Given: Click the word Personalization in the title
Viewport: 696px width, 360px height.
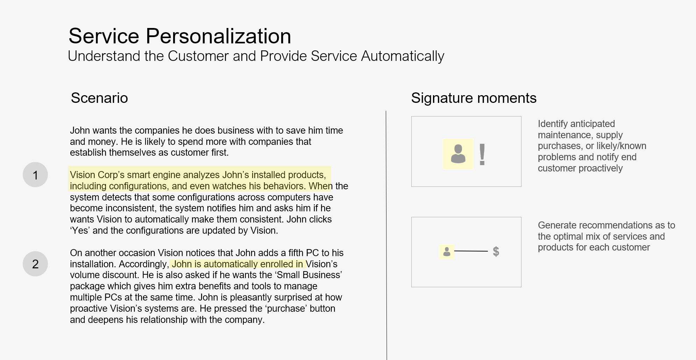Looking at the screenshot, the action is point(218,36).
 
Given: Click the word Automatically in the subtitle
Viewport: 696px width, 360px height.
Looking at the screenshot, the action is point(403,56).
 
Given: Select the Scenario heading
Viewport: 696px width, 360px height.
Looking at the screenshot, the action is point(99,98).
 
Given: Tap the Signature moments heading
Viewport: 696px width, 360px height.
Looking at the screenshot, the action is point(474,98).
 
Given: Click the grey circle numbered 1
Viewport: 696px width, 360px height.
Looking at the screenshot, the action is point(35,175).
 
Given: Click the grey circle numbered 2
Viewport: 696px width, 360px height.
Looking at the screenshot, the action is point(35,264).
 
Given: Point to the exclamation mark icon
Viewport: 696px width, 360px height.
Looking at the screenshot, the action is point(482,154).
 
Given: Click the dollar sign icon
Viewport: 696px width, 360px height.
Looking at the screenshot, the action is point(496,251).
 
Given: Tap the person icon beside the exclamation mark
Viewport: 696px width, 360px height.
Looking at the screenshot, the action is point(458,154).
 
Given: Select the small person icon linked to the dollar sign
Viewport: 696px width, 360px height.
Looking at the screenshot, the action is point(447,252).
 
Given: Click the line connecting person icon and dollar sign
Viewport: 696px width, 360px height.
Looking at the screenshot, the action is point(471,251).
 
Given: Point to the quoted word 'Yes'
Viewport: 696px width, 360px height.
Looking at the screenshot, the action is point(80,231).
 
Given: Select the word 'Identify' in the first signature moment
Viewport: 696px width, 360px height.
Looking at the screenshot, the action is point(553,124).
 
